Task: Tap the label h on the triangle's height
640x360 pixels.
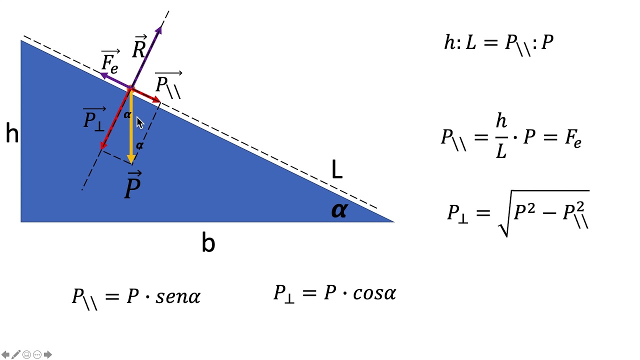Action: [x=12, y=133]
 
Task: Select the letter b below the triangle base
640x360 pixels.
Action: [x=208, y=241]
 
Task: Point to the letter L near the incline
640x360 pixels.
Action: [x=337, y=169]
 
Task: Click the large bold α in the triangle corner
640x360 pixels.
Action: [x=339, y=210]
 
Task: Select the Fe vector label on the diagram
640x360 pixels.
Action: [x=110, y=61]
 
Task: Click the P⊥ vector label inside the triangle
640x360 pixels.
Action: [x=94, y=119]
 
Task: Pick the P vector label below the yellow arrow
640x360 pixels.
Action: [x=133, y=184]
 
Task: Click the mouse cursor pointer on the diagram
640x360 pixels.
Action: [x=139, y=123]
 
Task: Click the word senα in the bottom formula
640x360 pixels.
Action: [x=178, y=296]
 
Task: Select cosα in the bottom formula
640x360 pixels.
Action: [x=374, y=293]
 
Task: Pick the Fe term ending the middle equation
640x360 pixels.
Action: [x=573, y=138]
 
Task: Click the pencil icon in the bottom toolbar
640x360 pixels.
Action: [x=16, y=354]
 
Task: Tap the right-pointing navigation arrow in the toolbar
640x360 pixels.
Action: [x=47, y=354]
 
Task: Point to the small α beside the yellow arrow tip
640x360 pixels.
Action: [x=139, y=145]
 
